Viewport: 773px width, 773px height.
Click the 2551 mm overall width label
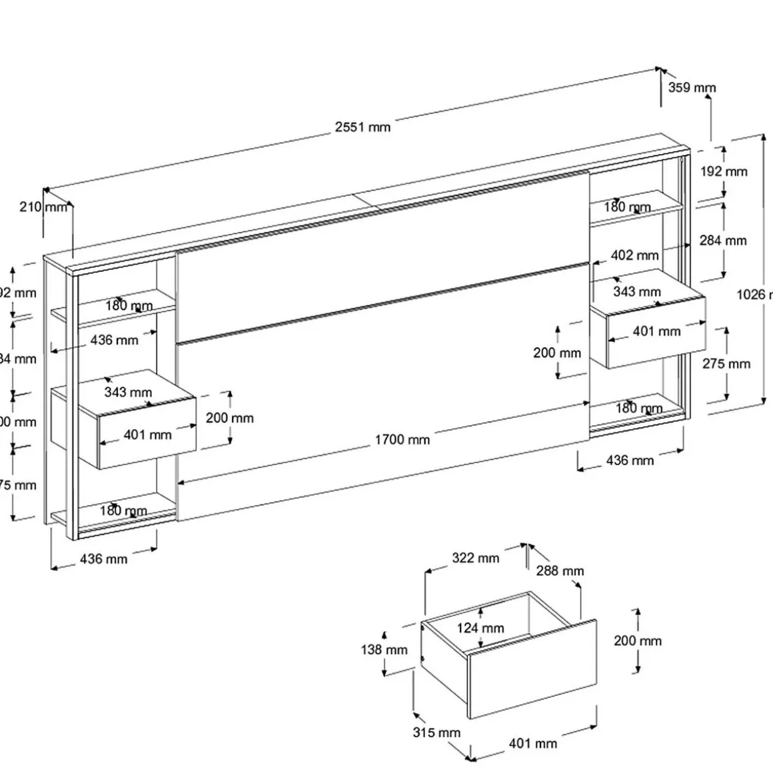click(x=363, y=127)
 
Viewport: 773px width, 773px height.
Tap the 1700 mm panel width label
click(x=402, y=439)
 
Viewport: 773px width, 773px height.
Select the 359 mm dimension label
click(x=692, y=87)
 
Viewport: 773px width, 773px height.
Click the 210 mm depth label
click(x=44, y=207)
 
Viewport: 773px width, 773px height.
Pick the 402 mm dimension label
click(x=634, y=255)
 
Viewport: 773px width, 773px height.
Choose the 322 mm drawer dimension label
click(x=475, y=558)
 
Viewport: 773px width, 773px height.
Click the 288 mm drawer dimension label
click(x=560, y=571)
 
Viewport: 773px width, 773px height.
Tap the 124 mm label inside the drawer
click(x=480, y=628)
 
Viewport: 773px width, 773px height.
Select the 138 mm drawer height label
click(x=384, y=650)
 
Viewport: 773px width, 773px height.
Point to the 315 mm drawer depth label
click(x=436, y=732)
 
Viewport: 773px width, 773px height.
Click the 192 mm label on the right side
click(x=724, y=171)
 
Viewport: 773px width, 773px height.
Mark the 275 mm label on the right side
click(x=726, y=364)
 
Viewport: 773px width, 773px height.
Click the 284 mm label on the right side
click(x=723, y=241)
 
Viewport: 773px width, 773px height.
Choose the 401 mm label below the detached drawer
click(x=533, y=743)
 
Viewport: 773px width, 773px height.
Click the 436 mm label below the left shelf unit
click(x=103, y=559)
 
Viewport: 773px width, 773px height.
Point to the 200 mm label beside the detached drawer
click(x=638, y=641)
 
